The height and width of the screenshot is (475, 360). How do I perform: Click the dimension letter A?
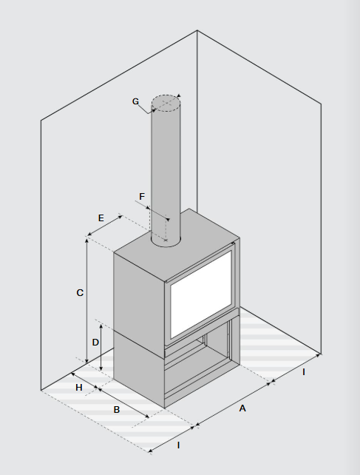[242, 408]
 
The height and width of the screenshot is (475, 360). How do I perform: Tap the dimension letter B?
[117, 410]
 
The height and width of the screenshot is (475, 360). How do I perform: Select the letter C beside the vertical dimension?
[80, 293]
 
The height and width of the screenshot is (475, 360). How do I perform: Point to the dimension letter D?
[95, 343]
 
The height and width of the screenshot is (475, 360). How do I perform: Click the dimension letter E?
[101, 218]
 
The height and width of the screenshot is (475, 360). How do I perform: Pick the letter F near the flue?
[142, 197]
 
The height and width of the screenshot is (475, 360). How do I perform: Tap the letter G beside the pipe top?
[135, 101]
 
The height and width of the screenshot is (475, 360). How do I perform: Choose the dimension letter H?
[79, 388]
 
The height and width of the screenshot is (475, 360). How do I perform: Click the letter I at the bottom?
[179, 445]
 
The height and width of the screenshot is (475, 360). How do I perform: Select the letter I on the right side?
[304, 372]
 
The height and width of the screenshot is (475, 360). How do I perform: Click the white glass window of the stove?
[201, 294]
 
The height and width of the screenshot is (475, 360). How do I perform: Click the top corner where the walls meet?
[197, 30]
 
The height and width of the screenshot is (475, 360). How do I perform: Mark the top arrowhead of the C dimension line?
[86, 240]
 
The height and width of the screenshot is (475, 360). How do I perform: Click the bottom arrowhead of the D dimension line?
[101, 369]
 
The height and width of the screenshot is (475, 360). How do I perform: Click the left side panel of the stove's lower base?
[139, 368]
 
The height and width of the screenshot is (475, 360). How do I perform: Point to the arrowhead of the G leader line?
[154, 111]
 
